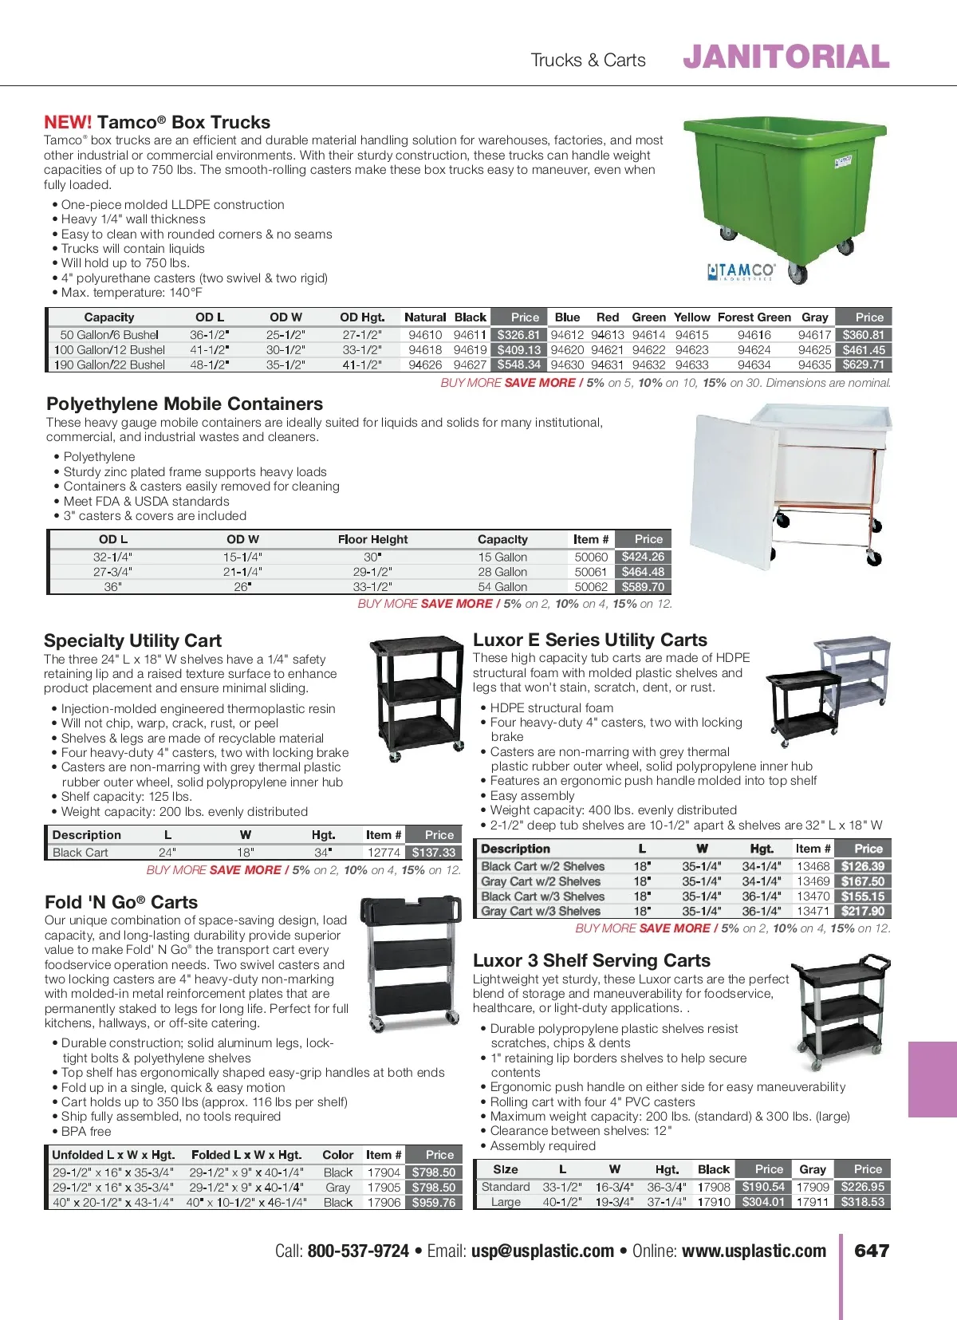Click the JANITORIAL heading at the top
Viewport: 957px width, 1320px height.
point(786,57)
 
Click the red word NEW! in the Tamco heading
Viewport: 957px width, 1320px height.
point(68,123)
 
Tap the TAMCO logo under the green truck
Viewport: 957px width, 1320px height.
point(741,271)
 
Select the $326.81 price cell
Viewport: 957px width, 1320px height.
point(518,335)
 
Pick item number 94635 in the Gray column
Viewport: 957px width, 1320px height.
point(814,364)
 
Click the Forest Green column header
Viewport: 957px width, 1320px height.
point(754,317)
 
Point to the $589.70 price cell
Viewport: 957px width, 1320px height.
point(643,587)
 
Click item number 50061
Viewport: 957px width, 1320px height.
point(591,572)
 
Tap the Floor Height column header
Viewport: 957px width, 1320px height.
point(372,540)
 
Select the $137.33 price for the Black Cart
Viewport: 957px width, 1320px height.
point(433,853)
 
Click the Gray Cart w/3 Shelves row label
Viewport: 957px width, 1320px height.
point(541,911)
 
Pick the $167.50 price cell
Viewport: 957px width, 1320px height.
point(863,881)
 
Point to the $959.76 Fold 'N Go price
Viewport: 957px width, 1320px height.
point(433,1203)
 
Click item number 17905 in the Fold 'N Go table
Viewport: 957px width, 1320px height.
point(384,1188)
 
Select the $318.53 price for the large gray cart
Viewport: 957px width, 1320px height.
point(862,1202)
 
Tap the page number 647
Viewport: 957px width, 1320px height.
point(872,1251)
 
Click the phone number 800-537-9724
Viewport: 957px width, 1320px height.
point(358,1251)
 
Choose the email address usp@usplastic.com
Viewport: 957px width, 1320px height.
point(542,1251)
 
